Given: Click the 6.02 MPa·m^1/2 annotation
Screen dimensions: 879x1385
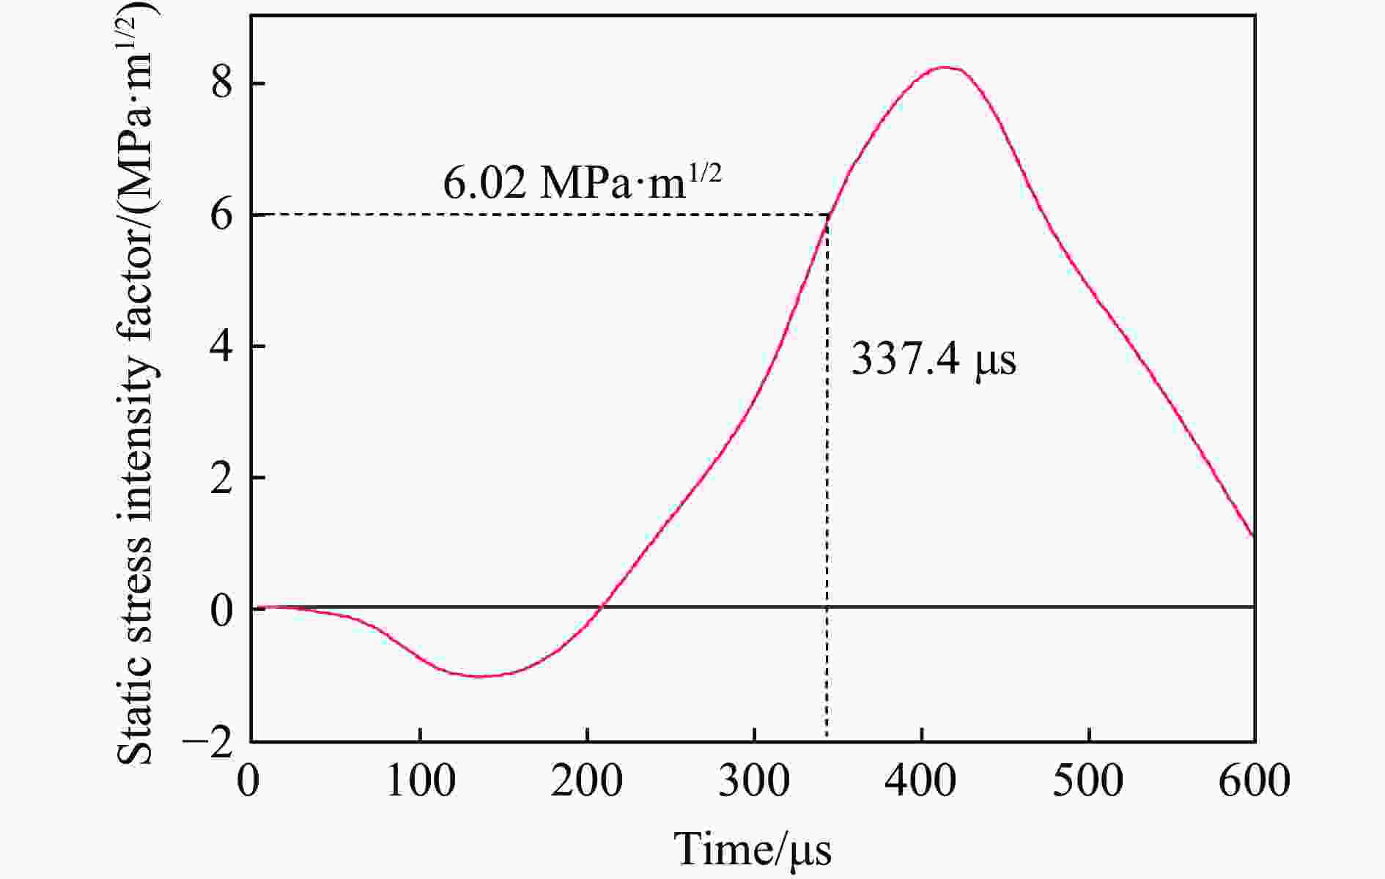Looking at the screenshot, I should pyautogui.click(x=582, y=183).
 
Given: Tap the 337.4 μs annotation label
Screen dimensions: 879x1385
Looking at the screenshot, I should pyautogui.click(x=934, y=360).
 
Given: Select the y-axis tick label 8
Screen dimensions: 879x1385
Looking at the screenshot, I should pyautogui.click(x=222, y=84).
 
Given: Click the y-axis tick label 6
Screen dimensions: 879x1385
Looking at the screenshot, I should pyautogui.click(x=222, y=215).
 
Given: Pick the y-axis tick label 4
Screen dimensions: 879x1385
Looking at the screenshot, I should pyautogui.click(x=222, y=346).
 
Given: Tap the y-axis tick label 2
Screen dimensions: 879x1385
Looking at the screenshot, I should pyautogui.click(x=222, y=477).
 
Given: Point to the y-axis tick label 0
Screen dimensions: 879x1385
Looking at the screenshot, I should pyautogui.click(x=222, y=609).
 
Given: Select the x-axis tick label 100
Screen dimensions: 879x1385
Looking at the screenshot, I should pyautogui.click(x=420, y=781).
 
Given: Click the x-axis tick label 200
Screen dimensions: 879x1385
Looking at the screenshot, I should pyautogui.click(x=587, y=781).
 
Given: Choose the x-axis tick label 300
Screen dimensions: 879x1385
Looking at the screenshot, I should pyautogui.click(x=755, y=781).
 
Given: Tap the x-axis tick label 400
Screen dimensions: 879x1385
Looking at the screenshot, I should pyautogui.click(x=921, y=781).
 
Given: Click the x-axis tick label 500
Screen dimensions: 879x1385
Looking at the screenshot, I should pyautogui.click(x=1089, y=781).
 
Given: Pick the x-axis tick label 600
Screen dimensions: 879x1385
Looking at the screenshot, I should pyautogui.click(x=1255, y=781).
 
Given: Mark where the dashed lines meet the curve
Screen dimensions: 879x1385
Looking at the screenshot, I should pyautogui.click(x=827, y=215).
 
